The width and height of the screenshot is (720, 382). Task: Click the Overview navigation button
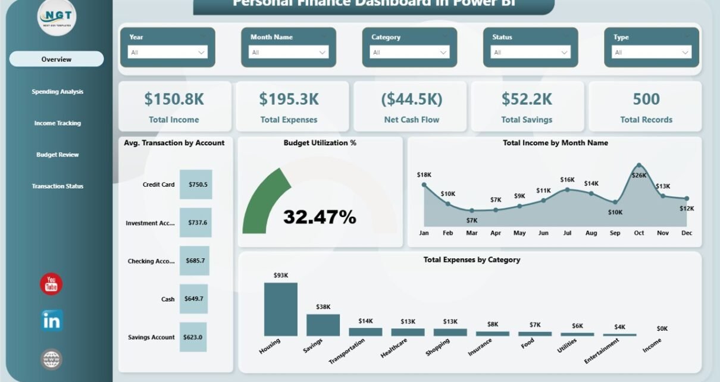click(x=57, y=59)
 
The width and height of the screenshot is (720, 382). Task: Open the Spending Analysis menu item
click(x=57, y=92)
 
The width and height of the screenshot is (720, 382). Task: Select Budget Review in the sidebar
click(x=57, y=155)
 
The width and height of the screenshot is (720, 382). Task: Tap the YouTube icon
click(x=51, y=284)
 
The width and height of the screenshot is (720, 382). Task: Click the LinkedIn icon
click(x=52, y=321)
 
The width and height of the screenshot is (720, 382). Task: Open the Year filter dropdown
click(x=168, y=52)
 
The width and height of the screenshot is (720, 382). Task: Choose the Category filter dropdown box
click(x=410, y=52)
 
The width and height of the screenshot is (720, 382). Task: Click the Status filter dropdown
click(x=531, y=52)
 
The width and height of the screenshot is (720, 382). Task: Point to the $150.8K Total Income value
click(x=174, y=99)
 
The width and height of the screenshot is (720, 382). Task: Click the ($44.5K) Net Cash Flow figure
click(x=411, y=99)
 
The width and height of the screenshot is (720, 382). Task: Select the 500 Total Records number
click(x=646, y=99)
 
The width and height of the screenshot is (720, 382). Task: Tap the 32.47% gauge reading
click(x=320, y=217)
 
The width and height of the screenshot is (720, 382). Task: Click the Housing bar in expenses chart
click(x=281, y=309)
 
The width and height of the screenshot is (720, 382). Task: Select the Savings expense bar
click(x=323, y=325)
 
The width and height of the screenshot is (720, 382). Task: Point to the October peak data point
click(x=639, y=165)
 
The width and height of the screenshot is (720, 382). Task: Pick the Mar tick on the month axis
click(x=472, y=233)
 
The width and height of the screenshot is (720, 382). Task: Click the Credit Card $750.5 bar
click(x=196, y=184)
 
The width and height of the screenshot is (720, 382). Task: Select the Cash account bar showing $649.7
click(x=194, y=299)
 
